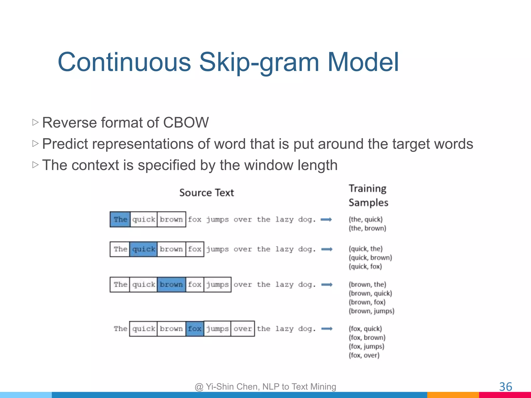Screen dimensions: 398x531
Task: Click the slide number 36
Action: (505, 387)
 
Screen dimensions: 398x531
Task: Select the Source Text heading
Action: (206, 193)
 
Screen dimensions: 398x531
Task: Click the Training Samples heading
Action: (368, 195)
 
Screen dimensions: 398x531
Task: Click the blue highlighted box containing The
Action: (120, 219)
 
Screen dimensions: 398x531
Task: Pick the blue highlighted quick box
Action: (143, 249)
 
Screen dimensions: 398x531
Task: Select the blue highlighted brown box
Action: (171, 285)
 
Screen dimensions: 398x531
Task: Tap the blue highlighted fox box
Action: (195, 329)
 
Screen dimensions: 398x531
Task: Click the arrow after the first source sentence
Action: (326, 220)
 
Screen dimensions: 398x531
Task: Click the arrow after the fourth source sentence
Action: (327, 329)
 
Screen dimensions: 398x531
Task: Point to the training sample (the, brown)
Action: (367, 228)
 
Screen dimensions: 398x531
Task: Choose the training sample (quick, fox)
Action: (365, 266)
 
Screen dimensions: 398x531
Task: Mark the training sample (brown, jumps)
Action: (371, 311)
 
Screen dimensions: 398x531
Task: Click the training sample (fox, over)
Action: (364, 355)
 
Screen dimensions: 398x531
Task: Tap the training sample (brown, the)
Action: (367, 285)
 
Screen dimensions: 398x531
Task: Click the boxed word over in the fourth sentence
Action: (242, 329)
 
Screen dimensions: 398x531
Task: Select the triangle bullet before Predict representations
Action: (36, 143)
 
